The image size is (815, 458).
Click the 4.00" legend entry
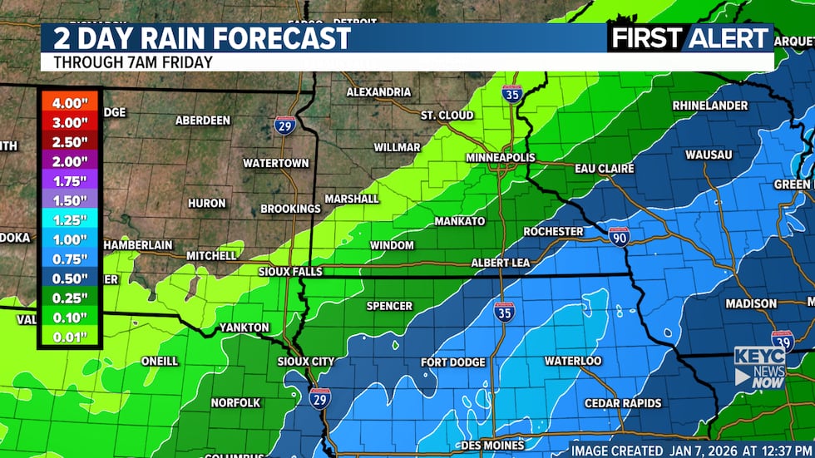tap(69, 102)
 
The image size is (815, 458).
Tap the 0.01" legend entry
tap(69, 337)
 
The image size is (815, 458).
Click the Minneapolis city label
tap(500, 157)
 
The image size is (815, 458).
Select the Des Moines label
tap(492, 446)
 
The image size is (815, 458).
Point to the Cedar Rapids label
tap(623, 403)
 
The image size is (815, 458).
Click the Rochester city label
tap(553, 231)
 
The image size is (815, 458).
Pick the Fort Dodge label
tap(452, 362)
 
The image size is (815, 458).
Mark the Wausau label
tap(709, 155)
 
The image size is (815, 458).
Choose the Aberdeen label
tap(203, 121)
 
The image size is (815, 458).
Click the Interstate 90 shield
tap(618, 236)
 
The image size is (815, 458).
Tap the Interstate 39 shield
tap(782, 340)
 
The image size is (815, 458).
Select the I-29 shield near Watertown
tap(284, 126)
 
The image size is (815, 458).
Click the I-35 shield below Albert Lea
tap(504, 312)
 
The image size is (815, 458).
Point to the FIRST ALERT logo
tap(690, 38)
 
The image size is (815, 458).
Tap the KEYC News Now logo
tap(759, 367)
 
